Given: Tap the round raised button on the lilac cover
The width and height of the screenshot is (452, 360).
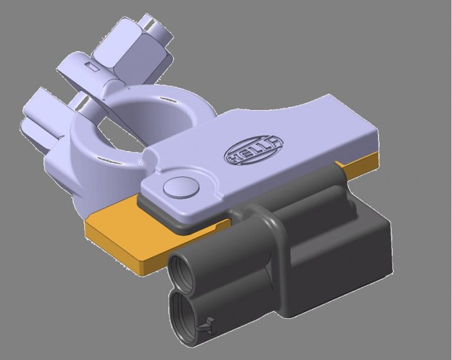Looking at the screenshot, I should coord(180,187).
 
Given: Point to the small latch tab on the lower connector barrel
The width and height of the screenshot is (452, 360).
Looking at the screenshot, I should coord(207,323).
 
